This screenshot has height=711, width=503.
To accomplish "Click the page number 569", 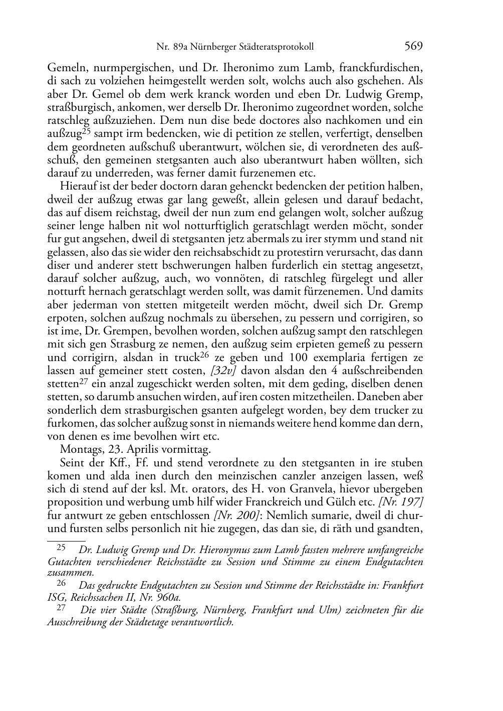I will click(413, 47).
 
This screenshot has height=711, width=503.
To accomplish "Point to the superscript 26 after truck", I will click(204, 355).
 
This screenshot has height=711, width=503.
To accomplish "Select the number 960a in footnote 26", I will click(169, 597).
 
